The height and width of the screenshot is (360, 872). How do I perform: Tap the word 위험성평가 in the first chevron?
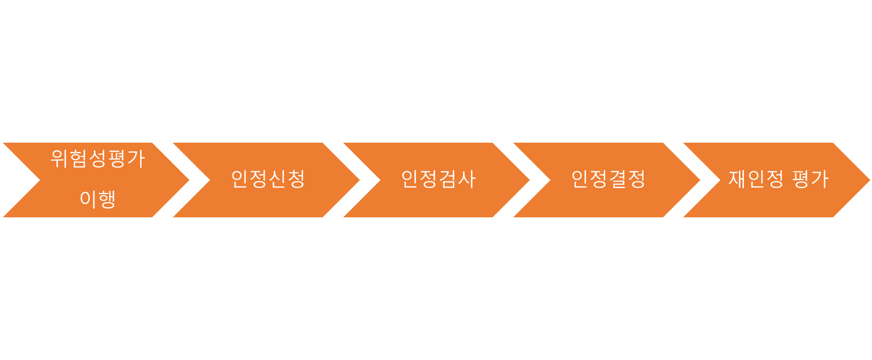98,159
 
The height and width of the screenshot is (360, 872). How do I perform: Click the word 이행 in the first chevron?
98,199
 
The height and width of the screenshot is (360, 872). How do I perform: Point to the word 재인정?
756,179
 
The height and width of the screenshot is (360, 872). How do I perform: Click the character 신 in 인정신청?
277,179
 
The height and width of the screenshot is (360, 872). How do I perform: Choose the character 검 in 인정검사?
448,179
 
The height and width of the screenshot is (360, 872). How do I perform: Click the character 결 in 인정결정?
618,179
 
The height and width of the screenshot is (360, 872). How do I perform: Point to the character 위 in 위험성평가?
60,159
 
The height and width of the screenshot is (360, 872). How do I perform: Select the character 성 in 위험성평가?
98,159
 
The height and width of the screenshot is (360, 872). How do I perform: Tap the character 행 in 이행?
107,199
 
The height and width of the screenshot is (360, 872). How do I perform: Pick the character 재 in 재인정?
737,179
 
